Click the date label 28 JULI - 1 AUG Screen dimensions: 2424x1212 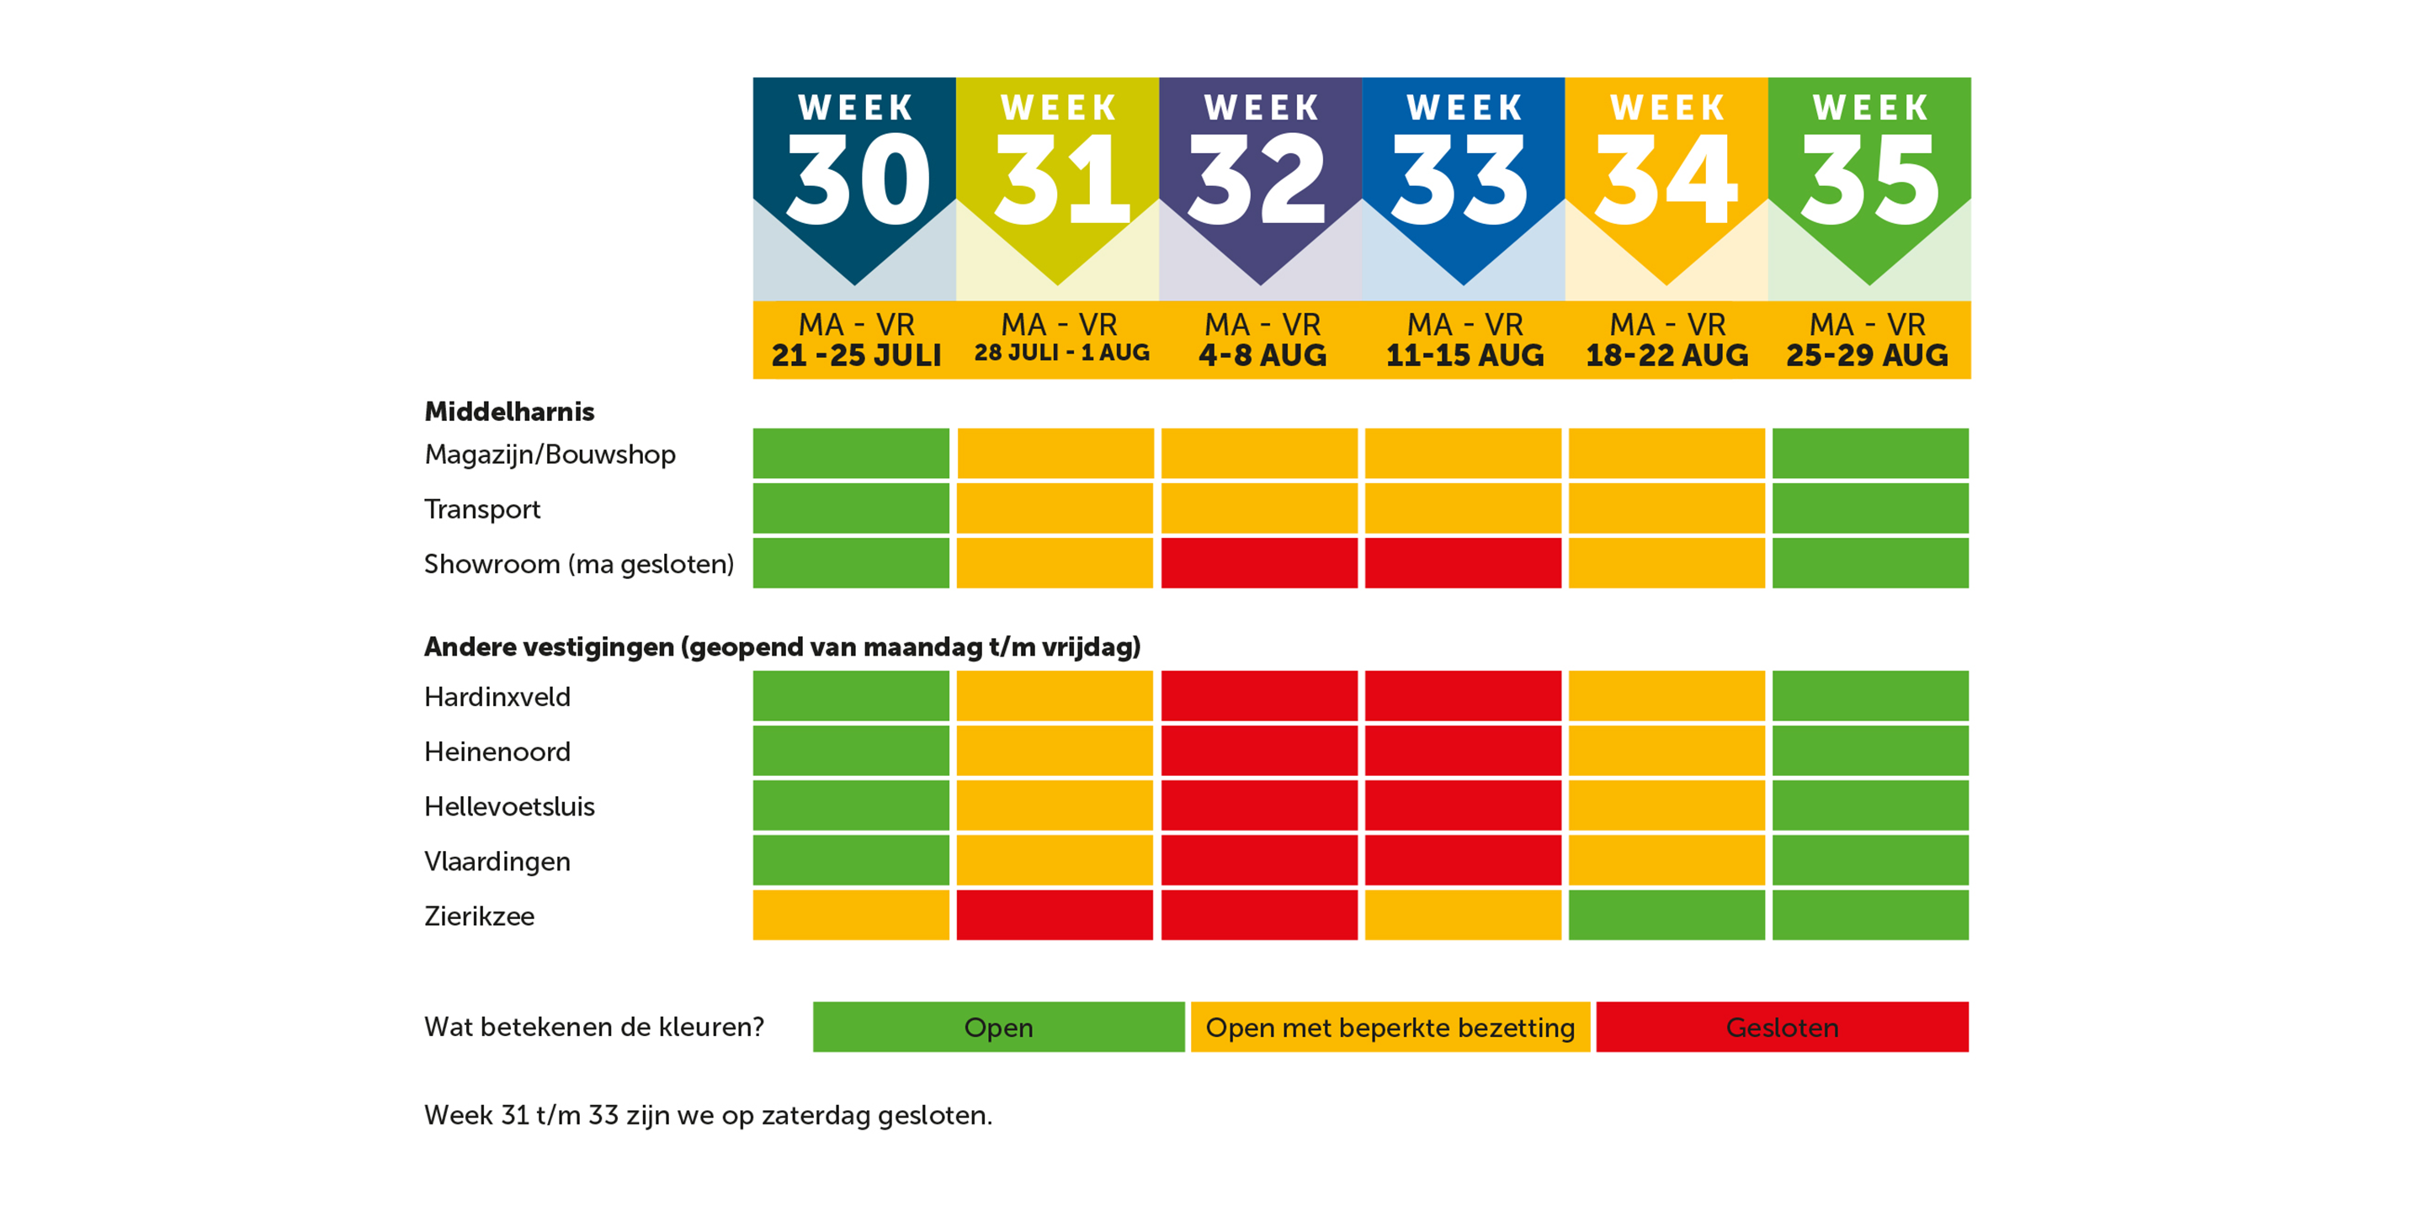point(1061,353)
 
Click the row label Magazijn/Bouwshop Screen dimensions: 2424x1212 point(550,455)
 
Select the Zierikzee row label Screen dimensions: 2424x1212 point(479,916)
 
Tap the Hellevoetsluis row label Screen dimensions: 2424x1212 point(509,806)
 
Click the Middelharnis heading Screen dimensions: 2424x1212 point(509,412)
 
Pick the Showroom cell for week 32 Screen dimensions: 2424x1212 point(1259,563)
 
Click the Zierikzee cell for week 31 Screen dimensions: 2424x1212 point(1055,915)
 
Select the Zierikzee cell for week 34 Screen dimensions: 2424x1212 point(1666,915)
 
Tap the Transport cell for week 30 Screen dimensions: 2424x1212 point(851,508)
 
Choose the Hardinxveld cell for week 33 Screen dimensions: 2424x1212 point(1464,695)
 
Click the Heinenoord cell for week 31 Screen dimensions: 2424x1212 point(1055,750)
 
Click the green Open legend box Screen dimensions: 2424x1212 point(998,1027)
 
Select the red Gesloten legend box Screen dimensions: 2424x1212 point(1783,1027)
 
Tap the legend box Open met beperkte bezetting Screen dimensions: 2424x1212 point(1390,1027)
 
